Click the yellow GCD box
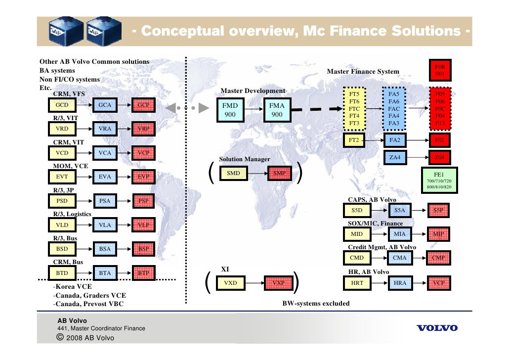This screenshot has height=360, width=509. [x=62, y=105]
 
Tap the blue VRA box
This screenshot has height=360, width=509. [x=105, y=129]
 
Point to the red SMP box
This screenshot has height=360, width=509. [x=279, y=174]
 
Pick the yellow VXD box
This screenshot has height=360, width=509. [x=230, y=283]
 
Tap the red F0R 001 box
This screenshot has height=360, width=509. [x=439, y=70]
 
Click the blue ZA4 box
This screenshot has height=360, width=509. [x=394, y=158]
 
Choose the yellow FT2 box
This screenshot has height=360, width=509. [x=354, y=140]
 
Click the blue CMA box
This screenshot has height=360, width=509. [x=399, y=258]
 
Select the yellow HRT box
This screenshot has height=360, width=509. [x=357, y=283]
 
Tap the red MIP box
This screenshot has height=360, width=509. [x=438, y=233]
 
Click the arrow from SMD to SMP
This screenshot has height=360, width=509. [x=256, y=174]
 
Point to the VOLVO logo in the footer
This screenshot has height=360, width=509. [x=437, y=328]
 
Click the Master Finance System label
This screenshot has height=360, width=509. [x=363, y=72]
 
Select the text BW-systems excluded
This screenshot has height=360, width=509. [x=315, y=303]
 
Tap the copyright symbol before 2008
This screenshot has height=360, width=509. [x=60, y=338]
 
